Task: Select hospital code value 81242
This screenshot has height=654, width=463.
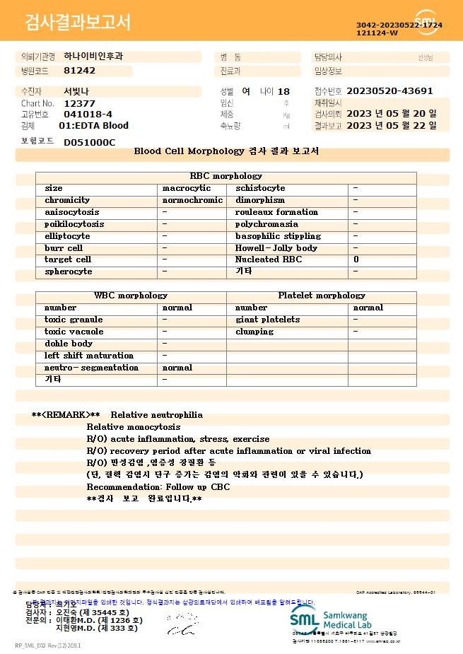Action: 79,71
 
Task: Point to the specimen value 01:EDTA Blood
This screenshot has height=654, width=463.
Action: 93,126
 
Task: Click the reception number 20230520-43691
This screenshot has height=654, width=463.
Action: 389,91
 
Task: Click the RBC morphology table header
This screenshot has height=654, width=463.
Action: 226,176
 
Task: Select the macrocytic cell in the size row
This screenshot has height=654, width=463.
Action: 187,189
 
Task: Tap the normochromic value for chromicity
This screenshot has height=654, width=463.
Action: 192,201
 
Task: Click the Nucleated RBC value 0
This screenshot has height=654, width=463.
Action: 356,260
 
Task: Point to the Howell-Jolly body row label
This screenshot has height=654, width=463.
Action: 276,248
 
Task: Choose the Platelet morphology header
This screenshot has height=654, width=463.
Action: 322,296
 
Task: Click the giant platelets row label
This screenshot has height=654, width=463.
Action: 267,320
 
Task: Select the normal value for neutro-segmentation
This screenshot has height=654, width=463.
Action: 177,368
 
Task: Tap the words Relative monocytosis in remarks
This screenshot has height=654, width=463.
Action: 134,427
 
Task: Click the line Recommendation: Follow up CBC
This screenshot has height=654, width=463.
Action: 158,487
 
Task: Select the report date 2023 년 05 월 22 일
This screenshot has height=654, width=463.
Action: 392,126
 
